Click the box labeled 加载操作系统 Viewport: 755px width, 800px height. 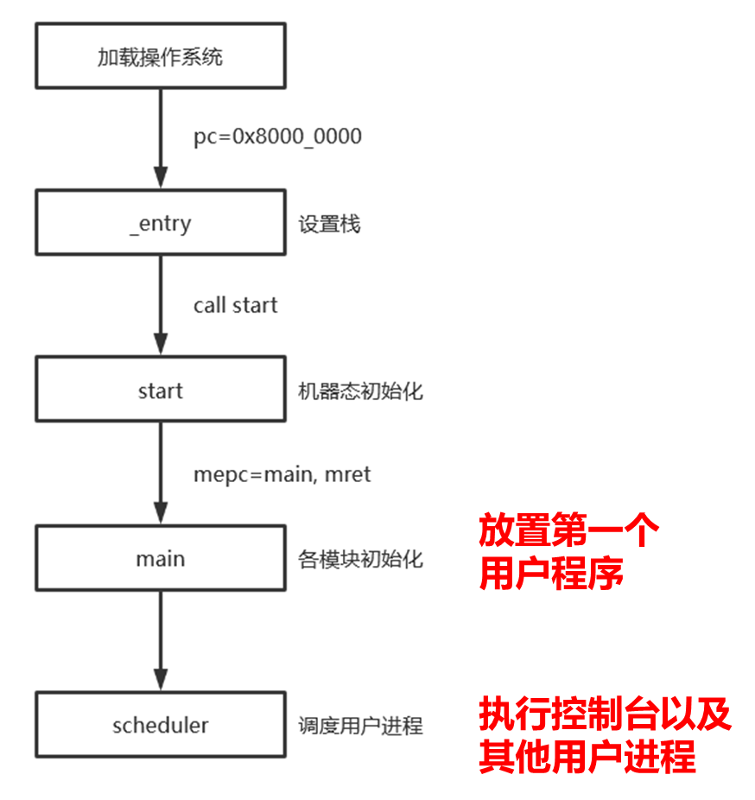click(x=160, y=57)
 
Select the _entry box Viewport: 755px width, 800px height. click(x=160, y=224)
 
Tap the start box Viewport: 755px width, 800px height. click(x=160, y=390)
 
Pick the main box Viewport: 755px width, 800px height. click(x=160, y=558)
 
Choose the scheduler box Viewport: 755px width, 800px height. click(x=160, y=725)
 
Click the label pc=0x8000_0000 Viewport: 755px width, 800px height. click(x=277, y=137)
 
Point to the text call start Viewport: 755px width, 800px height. click(x=236, y=305)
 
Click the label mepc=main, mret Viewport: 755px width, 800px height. click(x=282, y=473)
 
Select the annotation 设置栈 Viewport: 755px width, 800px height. click(x=329, y=225)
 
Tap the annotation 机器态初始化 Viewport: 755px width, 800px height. click(x=360, y=391)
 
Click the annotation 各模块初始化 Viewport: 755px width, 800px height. click(x=360, y=559)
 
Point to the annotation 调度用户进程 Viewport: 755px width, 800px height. click(x=360, y=726)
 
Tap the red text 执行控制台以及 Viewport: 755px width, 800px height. click(x=606, y=714)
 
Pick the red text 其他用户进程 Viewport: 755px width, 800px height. click(x=587, y=758)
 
